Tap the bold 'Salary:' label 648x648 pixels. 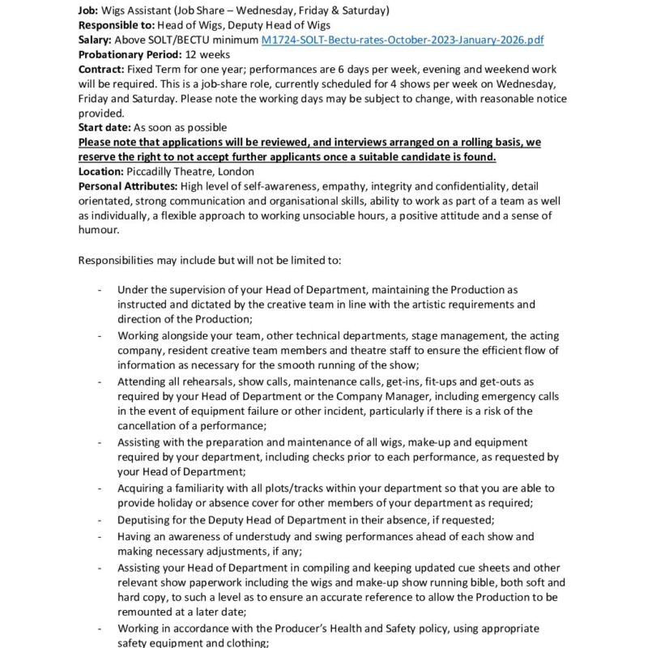pyautogui.click(x=96, y=39)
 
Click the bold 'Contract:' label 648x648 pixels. pyautogui.click(x=101, y=70)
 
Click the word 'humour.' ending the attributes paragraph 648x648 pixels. pyautogui.click(x=98, y=230)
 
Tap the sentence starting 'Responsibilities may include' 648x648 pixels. pyautogui.click(x=210, y=261)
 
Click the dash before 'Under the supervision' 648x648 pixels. pyautogui.click(x=99, y=289)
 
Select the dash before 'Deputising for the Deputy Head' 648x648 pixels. pyautogui.click(x=99, y=520)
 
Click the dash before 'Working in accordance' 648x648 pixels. pyautogui.click(x=99, y=629)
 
